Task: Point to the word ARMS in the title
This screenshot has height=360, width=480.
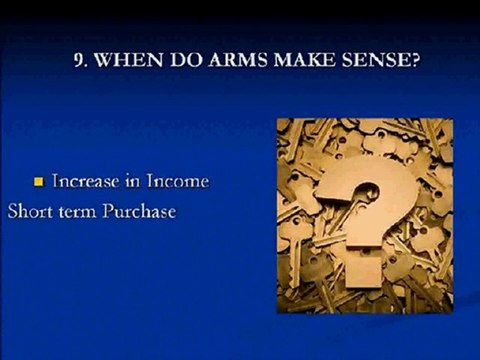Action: [236, 59]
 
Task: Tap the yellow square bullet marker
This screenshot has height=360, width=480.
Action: [40, 182]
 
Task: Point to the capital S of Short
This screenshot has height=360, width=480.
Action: [13, 212]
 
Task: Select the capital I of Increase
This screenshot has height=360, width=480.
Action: [58, 182]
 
